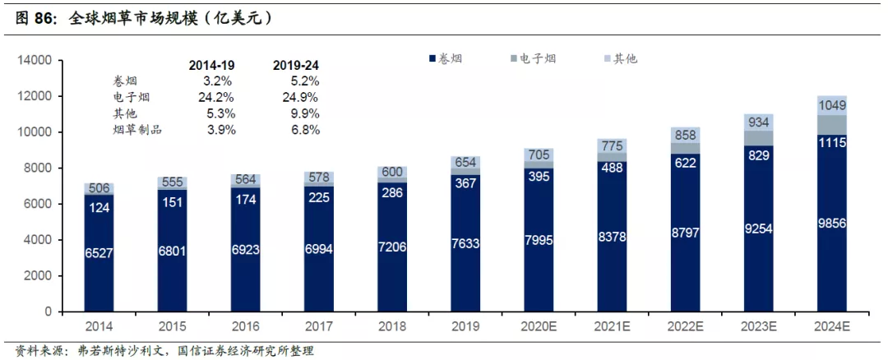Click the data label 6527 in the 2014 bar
tap(99, 254)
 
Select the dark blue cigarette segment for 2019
tap(465, 243)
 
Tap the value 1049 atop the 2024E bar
tap(832, 105)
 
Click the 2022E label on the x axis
tap(685, 326)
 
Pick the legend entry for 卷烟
tap(446, 58)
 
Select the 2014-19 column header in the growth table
tap(211, 66)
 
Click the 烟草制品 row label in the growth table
tap(137, 130)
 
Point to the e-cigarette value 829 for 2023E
tap(759, 155)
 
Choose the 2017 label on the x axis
tap(318, 326)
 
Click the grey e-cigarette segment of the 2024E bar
tap(832, 125)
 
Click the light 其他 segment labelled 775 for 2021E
tap(612, 145)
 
